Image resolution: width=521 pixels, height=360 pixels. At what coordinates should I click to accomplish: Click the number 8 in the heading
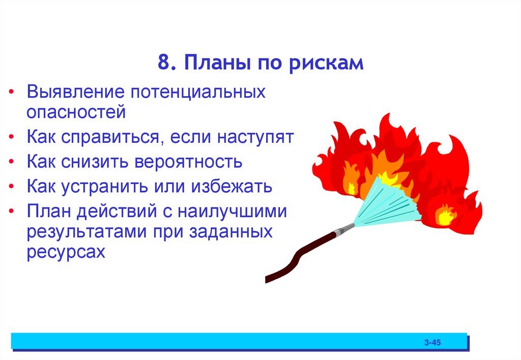[162, 65]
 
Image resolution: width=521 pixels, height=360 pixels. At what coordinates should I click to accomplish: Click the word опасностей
[76, 112]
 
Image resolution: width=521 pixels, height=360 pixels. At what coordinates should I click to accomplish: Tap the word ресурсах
[66, 252]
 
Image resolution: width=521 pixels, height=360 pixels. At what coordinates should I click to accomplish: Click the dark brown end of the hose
[270, 278]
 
